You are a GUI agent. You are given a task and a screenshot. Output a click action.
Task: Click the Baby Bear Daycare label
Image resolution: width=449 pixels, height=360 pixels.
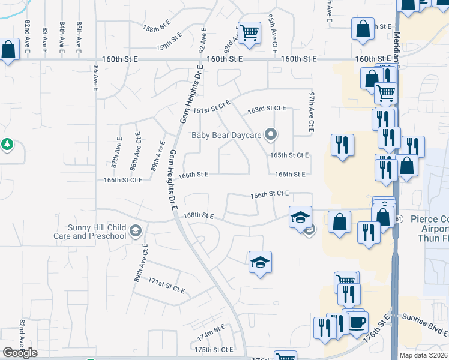[x=226, y=135]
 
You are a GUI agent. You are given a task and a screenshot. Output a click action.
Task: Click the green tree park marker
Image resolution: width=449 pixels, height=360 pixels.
[x=7, y=145]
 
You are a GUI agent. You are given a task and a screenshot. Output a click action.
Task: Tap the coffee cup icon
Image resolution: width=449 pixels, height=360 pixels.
[x=358, y=322]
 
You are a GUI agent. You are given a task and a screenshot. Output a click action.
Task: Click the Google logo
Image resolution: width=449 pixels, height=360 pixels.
[x=20, y=353]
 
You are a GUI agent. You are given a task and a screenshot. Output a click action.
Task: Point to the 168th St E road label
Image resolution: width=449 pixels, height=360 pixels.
[x=199, y=215]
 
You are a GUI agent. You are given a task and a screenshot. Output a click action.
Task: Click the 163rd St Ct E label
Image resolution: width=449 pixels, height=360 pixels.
[x=267, y=109]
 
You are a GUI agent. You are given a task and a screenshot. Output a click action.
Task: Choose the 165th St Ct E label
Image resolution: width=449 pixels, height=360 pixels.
[x=289, y=155]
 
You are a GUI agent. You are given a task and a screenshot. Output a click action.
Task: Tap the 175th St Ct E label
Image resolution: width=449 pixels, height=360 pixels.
[x=214, y=349]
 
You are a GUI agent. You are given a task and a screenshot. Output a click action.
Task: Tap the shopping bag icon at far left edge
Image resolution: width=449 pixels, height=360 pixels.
[x=8, y=50]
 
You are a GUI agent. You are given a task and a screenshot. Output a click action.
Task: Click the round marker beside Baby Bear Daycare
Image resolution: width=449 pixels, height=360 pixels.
[x=271, y=134]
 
